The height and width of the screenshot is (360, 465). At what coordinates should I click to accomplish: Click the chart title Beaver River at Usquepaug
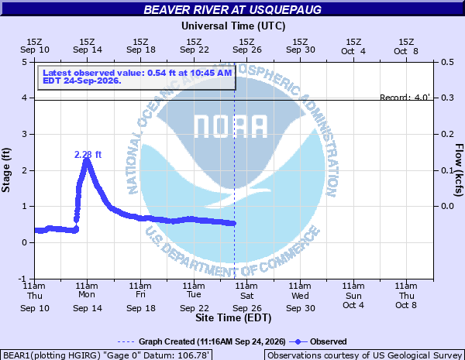[232, 9]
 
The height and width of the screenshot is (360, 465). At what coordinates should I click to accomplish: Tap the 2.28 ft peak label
[88, 154]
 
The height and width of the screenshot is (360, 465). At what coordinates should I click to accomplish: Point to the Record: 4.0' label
[405, 98]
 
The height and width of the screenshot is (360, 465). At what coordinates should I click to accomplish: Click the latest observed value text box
[136, 77]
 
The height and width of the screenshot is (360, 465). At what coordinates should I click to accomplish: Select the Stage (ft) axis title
[6, 170]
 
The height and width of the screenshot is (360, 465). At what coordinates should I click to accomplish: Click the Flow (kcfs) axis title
[459, 170]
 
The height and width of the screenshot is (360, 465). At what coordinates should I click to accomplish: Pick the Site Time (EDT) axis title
[233, 318]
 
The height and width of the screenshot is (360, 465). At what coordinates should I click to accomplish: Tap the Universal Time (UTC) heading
[233, 26]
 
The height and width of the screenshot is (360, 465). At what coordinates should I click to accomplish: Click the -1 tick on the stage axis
[22, 279]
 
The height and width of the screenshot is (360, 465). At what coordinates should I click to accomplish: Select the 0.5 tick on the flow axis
[447, 62]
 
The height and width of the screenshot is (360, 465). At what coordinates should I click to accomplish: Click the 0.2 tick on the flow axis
[447, 134]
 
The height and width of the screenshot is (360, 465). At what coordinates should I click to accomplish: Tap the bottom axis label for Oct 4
[353, 296]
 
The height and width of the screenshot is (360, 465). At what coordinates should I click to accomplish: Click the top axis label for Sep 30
[301, 46]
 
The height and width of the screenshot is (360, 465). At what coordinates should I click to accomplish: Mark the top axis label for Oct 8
[406, 46]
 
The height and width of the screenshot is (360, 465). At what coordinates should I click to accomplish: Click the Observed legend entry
[318, 341]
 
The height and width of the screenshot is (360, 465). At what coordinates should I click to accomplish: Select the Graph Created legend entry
[201, 341]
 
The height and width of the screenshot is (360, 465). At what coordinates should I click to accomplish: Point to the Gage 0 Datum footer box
[106, 355]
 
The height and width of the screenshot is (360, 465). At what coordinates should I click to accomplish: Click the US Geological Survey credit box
[364, 355]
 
